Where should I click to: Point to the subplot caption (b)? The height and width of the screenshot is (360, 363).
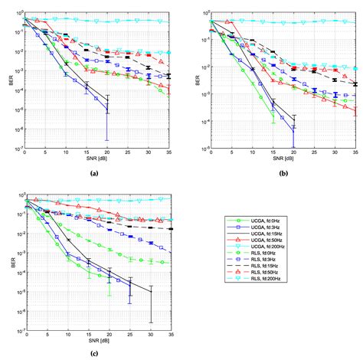coord(277,174)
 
